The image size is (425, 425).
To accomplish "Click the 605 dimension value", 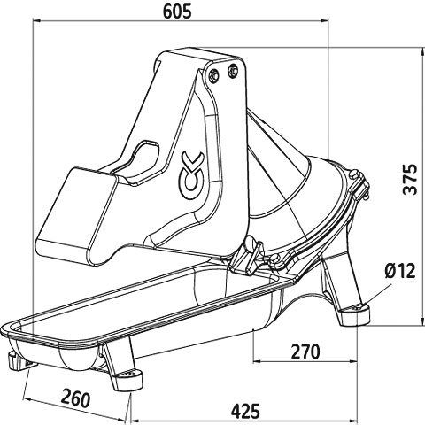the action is coord(177,11).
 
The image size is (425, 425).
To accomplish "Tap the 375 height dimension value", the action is coord(410,180).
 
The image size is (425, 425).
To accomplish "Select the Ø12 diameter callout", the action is coord(400,270).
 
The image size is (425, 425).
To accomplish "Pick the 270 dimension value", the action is coord(305,352).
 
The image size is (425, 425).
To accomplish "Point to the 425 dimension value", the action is coord(245,411).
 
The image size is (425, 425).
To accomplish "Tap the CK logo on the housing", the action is coord(191,175).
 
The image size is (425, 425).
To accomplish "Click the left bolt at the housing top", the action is coord(213,74).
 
